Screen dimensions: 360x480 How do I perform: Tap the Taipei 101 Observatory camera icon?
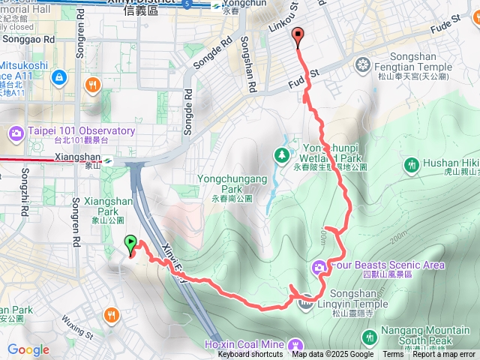coord(16,133)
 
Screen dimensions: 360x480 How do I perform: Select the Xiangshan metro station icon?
coord(109,159)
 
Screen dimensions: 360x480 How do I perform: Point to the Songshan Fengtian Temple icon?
coord(364,64)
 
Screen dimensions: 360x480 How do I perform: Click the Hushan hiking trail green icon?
coord(411,164)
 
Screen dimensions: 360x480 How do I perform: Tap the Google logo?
coord(28,349)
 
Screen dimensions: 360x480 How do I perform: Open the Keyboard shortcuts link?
coord(250,355)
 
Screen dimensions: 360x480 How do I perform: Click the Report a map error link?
coord(443,355)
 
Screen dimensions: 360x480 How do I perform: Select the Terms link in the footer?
coord(393,355)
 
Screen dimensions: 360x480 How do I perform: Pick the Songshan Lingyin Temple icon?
coord(305,302)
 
